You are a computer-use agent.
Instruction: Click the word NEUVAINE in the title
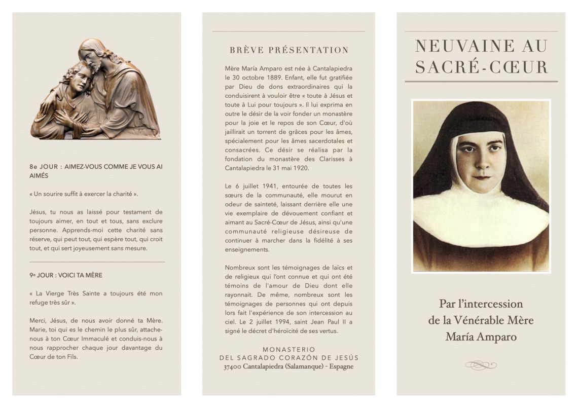[x=457, y=46]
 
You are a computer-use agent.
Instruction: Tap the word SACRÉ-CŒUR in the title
[x=481, y=67]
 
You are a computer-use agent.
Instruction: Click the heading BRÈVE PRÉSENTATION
[x=289, y=50]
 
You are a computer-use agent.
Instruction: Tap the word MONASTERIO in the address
[x=288, y=349]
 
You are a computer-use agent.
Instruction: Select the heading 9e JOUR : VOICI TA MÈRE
[x=66, y=275]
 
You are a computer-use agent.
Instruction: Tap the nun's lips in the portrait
[x=480, y=177]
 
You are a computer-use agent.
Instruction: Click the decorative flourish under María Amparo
[x=481, y=365]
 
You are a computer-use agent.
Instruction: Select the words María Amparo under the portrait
[x=481, y=337]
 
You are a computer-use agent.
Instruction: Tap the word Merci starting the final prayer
[x=39, y=320]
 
